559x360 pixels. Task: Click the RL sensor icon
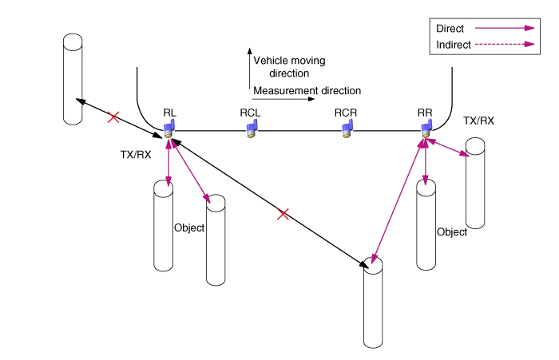pos(169,126)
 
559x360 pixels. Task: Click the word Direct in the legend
pos(450,29)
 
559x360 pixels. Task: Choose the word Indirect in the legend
pos(454,45)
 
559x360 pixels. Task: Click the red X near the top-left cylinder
pos(114,117)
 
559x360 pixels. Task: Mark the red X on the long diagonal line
pos(282,214)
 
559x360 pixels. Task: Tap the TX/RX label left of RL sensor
pos(136,155)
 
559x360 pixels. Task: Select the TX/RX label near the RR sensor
pos(478,121)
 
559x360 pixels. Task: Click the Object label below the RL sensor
pos(188,228)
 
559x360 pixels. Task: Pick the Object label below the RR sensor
pos(451,231)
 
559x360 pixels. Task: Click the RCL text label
pos(250,113)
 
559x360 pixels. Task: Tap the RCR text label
pos(345,113)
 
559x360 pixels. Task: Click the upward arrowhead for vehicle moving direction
pos(249,51)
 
